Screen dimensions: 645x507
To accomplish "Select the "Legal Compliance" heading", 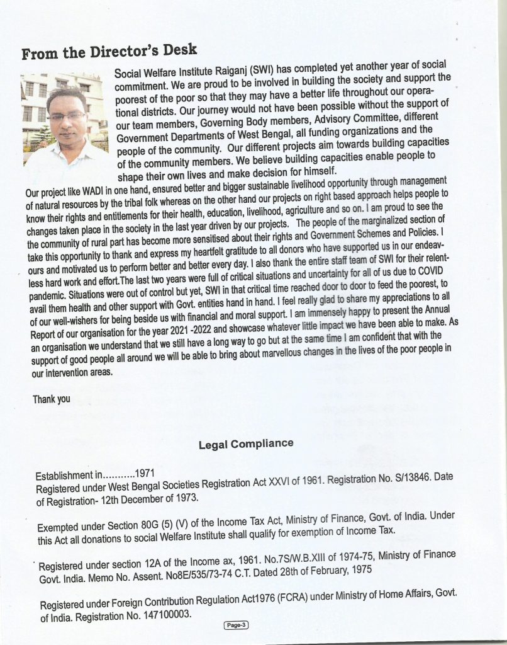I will tap(246, 444).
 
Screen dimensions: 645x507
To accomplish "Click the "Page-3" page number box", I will tap(237, 625).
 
